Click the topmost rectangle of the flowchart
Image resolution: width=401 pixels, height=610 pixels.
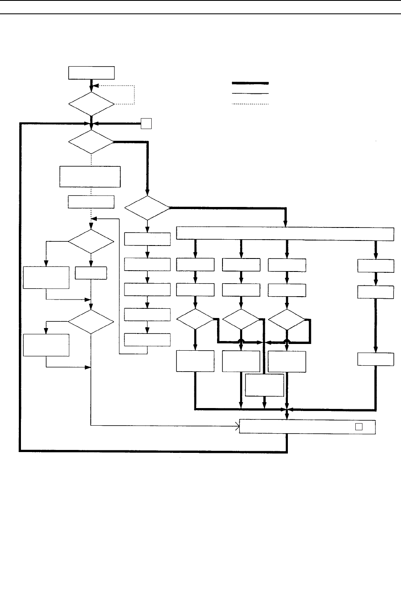click(91, 72)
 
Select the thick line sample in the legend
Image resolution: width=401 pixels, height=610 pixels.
click(250, 83)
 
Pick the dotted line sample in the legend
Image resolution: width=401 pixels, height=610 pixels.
click(250, 104)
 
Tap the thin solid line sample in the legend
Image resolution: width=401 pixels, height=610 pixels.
click(250, 93)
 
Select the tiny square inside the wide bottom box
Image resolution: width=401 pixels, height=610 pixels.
click(359, 426)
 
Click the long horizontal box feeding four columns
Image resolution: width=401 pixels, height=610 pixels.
click(285, 233)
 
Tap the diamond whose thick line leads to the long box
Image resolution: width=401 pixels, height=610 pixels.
click(147, 207)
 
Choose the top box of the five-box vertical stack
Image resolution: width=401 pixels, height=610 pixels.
click(147, 239)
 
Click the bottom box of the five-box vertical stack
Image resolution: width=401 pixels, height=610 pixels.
click(147, 340)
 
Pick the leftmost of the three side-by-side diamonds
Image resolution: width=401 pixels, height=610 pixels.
click(195, 320)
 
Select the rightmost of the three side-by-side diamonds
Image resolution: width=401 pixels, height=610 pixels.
click(287, 320)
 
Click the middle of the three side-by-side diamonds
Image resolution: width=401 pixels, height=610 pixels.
click(241, 320)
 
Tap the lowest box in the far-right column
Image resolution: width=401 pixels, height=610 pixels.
click(375, 359)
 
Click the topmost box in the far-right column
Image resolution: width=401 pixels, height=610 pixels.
click(375, 266)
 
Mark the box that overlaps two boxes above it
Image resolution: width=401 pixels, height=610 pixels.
click(264, 385)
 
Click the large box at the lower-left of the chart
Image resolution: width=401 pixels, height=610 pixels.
click(46, 345)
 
